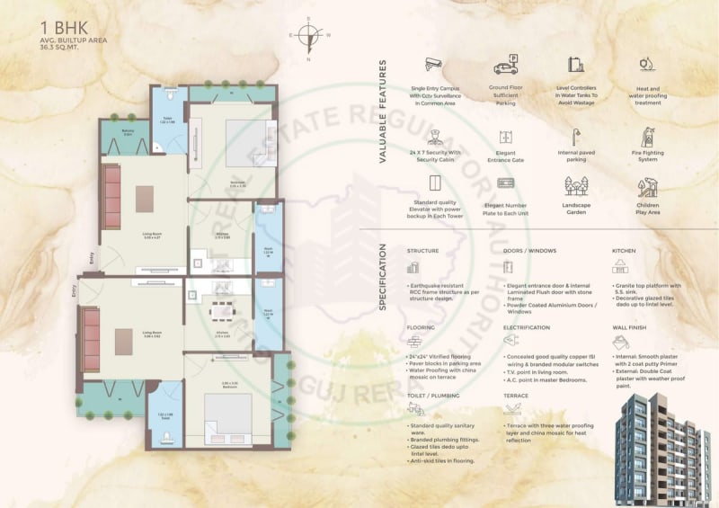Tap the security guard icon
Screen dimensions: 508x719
pyautogui.click(x=435, y=137)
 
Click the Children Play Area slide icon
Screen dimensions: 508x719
pyautogui.click(x=647, y=187)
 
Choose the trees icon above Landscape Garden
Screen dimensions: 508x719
pyautogui.click(x=575, y=186)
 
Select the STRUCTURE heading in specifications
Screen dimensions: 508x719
pyautogui.click(x=422, y=251)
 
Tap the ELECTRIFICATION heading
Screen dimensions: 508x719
pyautogui.click(x=526, y=328)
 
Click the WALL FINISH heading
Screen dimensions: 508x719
pyautogui.click(x=631, y=328)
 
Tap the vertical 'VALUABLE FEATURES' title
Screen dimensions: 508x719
pyautogui.click(x=382, y=111)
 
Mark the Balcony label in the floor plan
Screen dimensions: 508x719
pyautogui.click(x=128, y=133)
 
